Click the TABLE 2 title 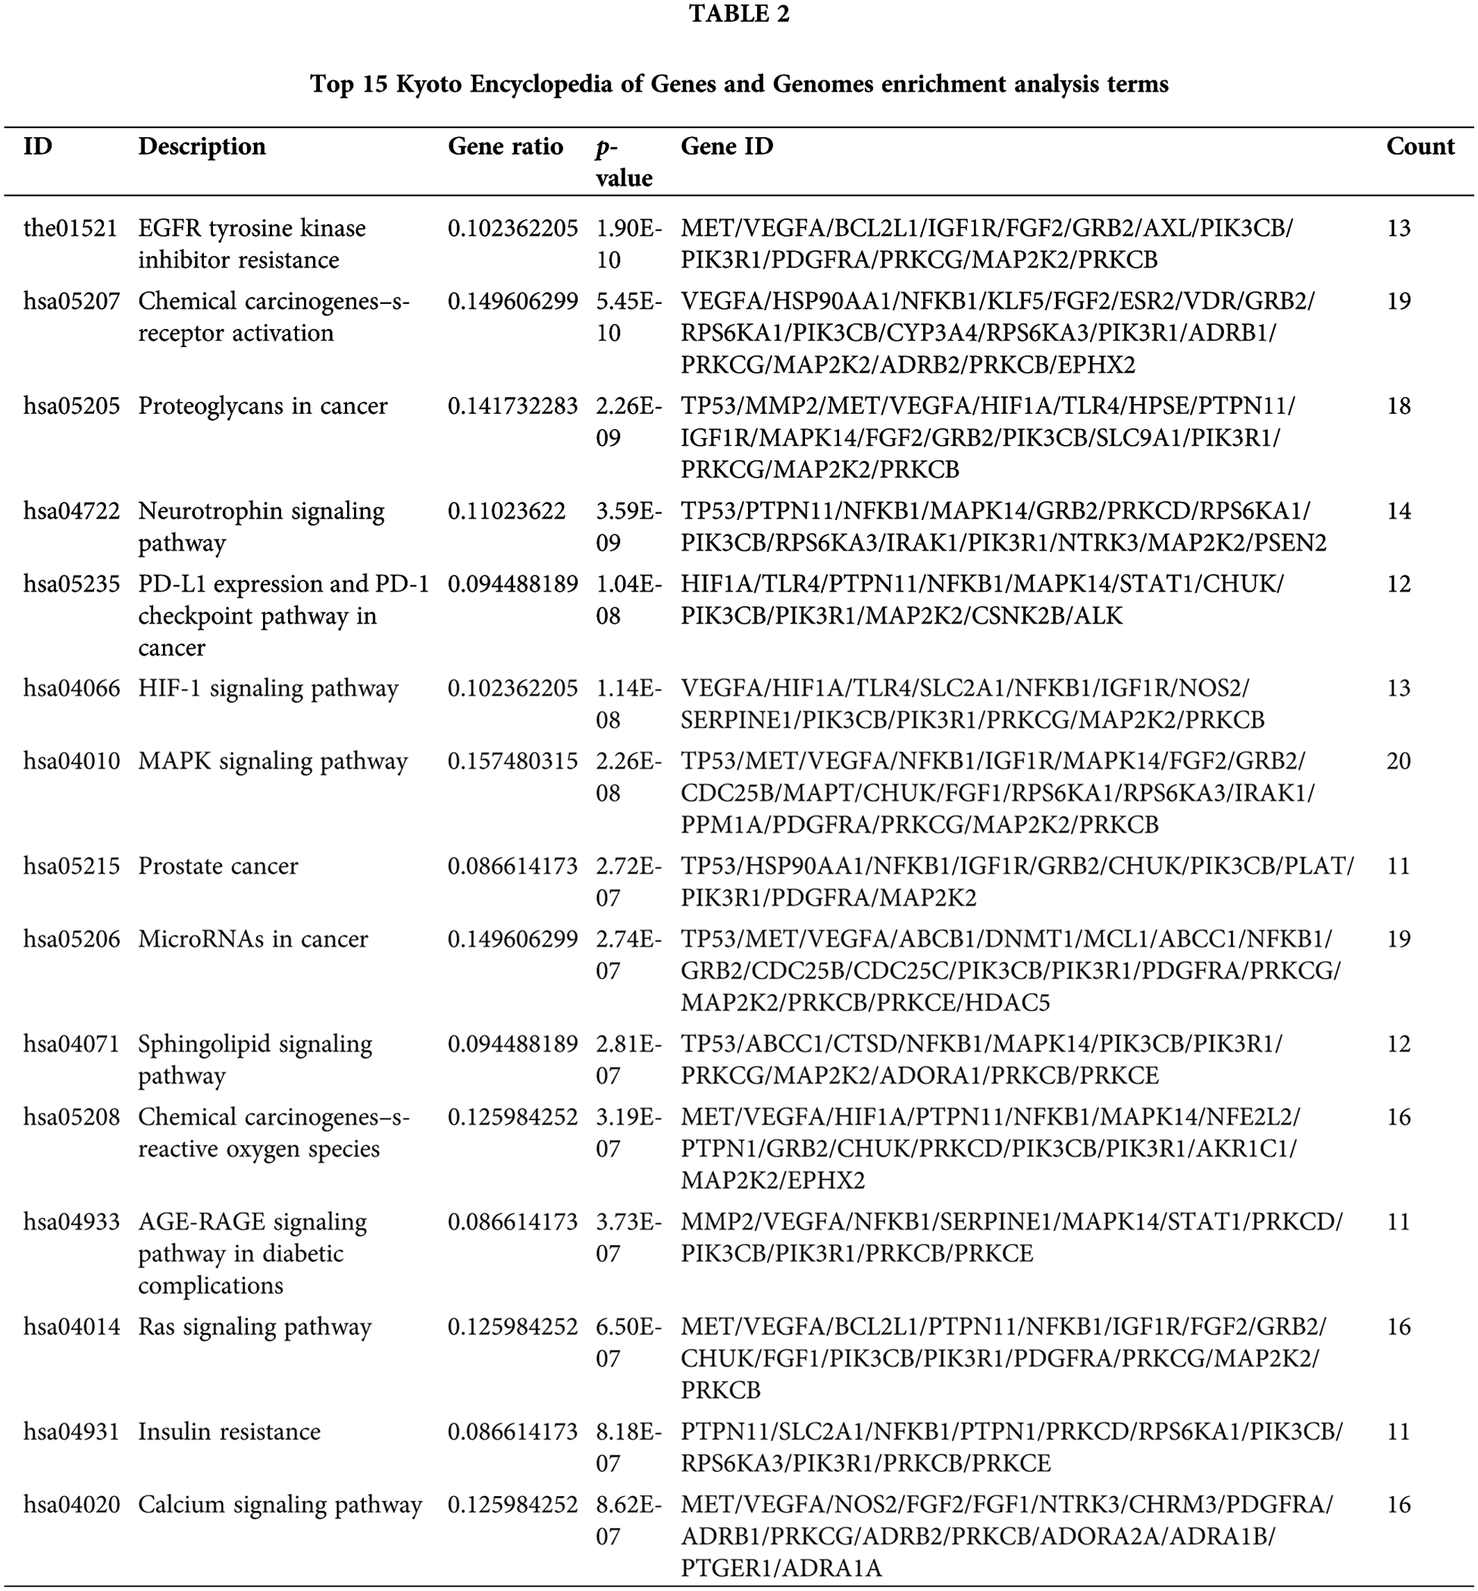[x=739, y=14]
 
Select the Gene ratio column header [x=505, y=146]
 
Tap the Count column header [x=1420, y=146]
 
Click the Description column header [x=202, y=146]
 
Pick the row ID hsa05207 [x=71, y=302]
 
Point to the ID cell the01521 [x=70, y=229]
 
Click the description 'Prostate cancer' [x=218, y=866]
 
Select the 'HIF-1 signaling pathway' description [x=268, y=689]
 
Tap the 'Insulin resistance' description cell [x=229, y=1432]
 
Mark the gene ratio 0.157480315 [x=512, y=762]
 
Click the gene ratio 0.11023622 [x=506, y=511]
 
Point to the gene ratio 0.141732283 [x=512, y=406]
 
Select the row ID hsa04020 [x=71, y=1505]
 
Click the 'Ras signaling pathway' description [x=255, y=1327]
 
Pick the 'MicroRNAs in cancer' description [x=252, y=939]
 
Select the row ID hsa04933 [x=71, y=1223]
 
